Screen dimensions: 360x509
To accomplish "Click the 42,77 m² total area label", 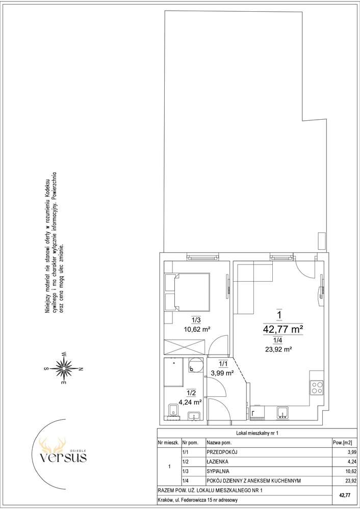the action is click(x=283, y=329).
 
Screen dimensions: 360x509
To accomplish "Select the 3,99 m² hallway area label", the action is click(x=223, y=373).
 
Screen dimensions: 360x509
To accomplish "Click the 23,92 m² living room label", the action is click(x=278, y=350).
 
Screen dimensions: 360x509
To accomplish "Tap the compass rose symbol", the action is click(x=64, y=368).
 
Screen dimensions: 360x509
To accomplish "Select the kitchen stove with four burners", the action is click(x=317, y=388).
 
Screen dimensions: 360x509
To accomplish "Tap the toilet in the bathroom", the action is click(x=174, y=410).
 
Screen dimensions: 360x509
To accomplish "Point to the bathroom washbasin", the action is click(x=195, y=416).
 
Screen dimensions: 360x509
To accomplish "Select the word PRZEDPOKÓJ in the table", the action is click(x=220, y=452).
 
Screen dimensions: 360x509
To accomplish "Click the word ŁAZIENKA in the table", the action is click(x=217, y=461).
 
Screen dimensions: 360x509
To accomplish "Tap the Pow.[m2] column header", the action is click(x=342, y=442).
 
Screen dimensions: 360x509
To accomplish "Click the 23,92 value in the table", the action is click(x=346, y=480).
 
